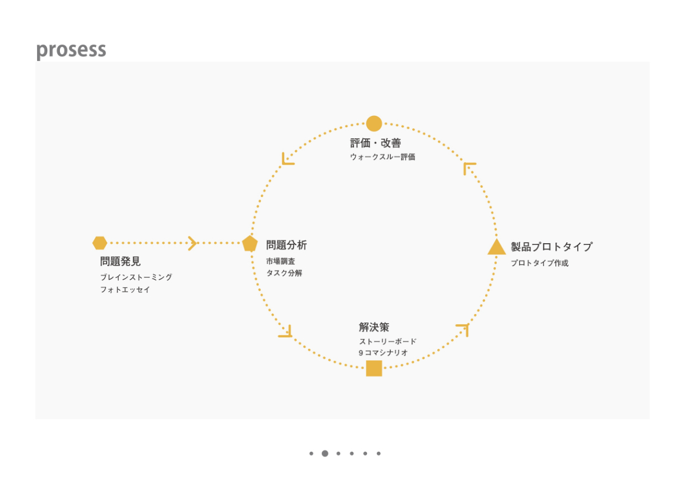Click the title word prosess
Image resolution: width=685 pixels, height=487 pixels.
(x=71, y=50)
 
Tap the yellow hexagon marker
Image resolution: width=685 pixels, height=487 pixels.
(x=100, y=243)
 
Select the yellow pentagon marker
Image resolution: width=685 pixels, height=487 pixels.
(x=249, y=244)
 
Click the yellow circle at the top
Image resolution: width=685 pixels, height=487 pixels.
(x=374, y=123)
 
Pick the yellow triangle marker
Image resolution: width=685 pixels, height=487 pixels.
(x=497, y=247)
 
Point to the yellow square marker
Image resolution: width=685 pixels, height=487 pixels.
(x=374, y=368)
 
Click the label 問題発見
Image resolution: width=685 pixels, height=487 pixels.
(x=120, y=261)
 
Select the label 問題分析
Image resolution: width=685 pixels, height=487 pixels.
(x=286, y=245)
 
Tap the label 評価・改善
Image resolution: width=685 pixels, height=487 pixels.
(x=375, y=143)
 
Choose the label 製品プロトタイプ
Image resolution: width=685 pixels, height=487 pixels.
(x=551, y=247)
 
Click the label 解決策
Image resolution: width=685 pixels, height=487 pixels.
(x=374, y=327)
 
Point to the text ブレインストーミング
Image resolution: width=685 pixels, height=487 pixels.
(x=136, y=277)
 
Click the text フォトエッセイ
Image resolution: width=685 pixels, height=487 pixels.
(x=125, y=289)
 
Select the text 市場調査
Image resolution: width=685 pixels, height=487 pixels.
(x=280, y=261)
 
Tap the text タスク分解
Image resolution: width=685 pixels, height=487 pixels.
(x=284, y=273)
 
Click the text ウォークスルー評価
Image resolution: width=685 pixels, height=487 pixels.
(x=382, y=156)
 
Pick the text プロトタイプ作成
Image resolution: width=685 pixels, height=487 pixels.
(x=539, y=263)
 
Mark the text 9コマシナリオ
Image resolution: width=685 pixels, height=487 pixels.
(x=383, y=353)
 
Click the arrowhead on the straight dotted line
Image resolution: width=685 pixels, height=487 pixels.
(x=193, y=243)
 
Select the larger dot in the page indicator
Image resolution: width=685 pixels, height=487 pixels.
(x=325, y=453)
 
